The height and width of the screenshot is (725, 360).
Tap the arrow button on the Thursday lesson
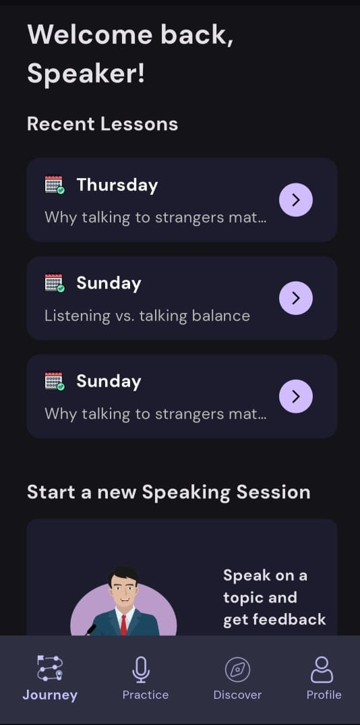coord(296,200)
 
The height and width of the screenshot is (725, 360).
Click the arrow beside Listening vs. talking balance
coord(296,298)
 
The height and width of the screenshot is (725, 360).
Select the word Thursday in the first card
coord(117,185)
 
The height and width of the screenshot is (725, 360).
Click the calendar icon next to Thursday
coord(55,185)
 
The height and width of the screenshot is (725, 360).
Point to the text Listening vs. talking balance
coord(148,316)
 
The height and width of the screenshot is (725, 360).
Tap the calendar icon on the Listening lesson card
coord(55,283)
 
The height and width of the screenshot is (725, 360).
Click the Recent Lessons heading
coord(102,124)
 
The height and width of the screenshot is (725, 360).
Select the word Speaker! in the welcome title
coord(86,74)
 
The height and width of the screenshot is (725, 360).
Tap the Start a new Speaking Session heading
coord(169,492)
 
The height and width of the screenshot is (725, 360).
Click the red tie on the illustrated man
coord(123,625)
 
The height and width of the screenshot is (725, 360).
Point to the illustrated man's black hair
coord(123,574)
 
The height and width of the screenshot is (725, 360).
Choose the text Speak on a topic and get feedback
coord(274,598)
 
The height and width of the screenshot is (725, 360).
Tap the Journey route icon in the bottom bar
coord(50,668)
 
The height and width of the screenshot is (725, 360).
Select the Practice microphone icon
coord(141,670)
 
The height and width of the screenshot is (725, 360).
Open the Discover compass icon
coord(237,670)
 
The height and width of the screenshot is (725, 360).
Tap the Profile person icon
coord(322,670)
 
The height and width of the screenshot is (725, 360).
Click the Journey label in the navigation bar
coord(50,695)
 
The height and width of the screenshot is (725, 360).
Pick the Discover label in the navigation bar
coord(237,695)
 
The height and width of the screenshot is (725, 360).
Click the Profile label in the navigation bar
coord(324,695)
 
